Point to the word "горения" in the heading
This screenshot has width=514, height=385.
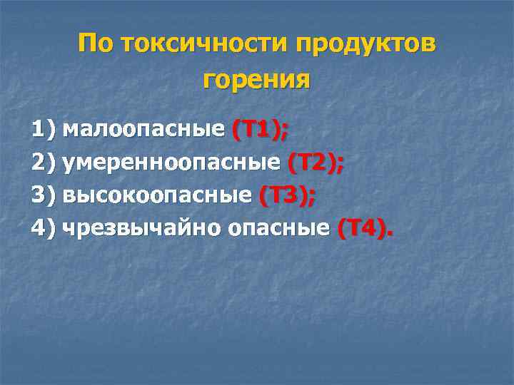pos(257,80)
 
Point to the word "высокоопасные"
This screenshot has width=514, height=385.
pos(157,195)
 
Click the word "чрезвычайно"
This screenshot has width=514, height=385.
pos(142,228)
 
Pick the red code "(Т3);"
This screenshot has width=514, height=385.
pos(288,195)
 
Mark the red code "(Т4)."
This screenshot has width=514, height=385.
pos(365,228)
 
